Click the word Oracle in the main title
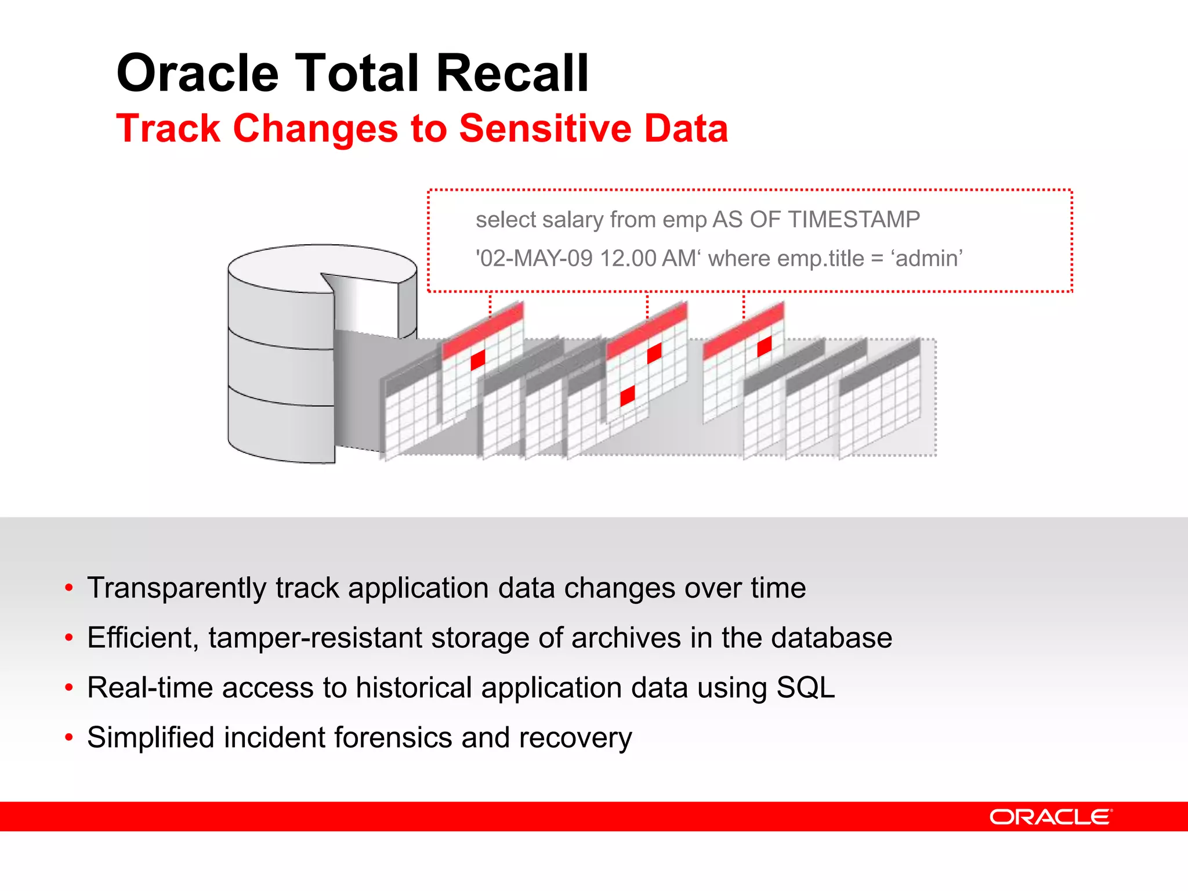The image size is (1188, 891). (x=198, y=74)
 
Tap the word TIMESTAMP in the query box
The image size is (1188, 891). (x=853, y=220)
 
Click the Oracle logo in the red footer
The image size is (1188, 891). (x=1051, y=817)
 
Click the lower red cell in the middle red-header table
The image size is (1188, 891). (x=628, y=396)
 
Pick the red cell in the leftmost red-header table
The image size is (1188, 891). (x=478, y=360)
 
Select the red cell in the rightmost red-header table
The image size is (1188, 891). (x=765, y=346)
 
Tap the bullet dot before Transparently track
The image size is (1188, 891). (x=69, y=588)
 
